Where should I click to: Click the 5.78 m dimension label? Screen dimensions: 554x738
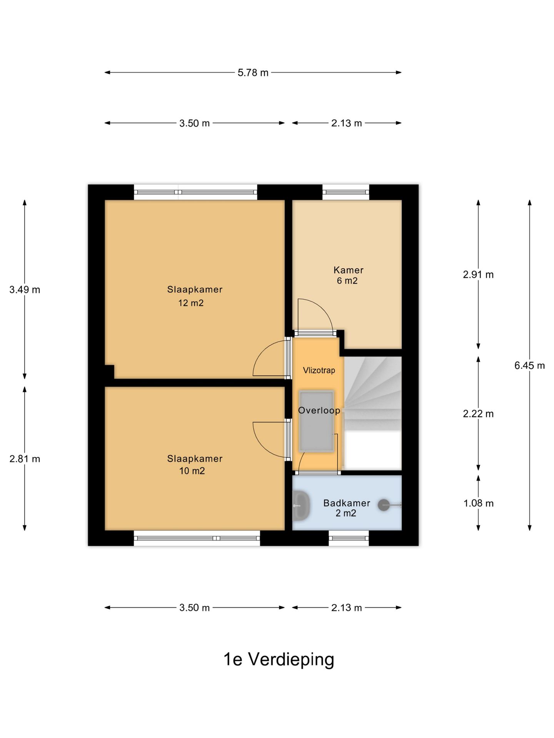[253, 73]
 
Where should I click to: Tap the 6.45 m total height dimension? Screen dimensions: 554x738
[529, 366]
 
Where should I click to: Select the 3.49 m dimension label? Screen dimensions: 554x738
[25, 290]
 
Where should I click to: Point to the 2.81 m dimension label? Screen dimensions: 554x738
[25, 459]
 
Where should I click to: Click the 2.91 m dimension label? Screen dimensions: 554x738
[478, 274]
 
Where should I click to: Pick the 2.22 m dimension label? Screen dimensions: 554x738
[478, 414]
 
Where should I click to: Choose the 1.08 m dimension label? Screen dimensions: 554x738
[478, 503]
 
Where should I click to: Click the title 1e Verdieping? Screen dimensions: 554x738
[279, 660]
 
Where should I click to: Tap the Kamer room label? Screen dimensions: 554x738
[349, 270]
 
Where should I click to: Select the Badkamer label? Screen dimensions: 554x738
[347, 503]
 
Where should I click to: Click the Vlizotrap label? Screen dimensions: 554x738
[319, 371]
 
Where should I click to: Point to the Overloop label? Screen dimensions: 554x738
[319, 411]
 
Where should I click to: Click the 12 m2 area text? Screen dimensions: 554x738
[191, 303]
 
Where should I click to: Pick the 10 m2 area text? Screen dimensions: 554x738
[192, 471]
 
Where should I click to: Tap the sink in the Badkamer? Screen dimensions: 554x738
[301, 506]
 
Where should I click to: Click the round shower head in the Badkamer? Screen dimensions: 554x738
[384, 505]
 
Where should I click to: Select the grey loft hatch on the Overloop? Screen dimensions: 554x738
[316, 421]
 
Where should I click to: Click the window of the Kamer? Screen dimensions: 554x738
[345, 192]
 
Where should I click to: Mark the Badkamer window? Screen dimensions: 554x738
[349, 538]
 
